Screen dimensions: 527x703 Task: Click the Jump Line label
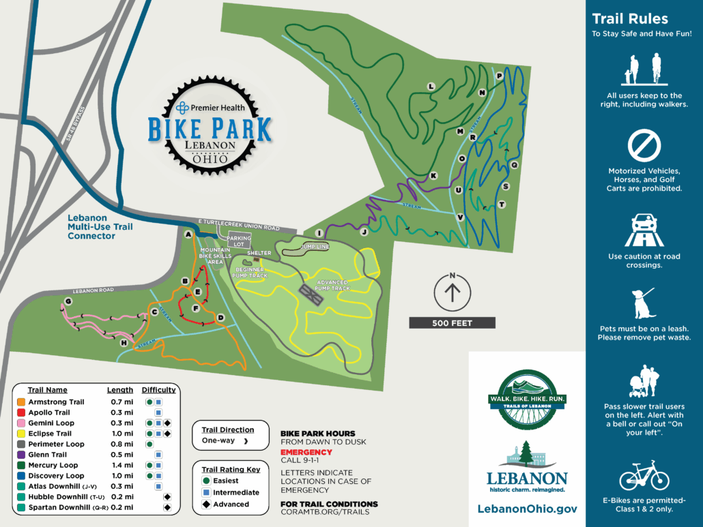pos(315,246)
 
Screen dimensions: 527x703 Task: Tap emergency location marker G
pos(68,301)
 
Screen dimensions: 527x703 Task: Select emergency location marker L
pos(431,87)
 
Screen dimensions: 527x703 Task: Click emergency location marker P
pos(499,76)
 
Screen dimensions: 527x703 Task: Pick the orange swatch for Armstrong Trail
pos(21,402)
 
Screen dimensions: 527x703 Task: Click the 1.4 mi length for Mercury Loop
pos(119,466)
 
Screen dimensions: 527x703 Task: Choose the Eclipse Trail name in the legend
pos(50,434)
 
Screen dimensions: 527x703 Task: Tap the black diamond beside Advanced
pos(205,505)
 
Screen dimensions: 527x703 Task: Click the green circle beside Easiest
pos(205,481)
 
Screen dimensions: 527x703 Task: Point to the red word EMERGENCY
pos(306,452)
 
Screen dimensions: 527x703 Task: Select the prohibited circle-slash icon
pos(644,146)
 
